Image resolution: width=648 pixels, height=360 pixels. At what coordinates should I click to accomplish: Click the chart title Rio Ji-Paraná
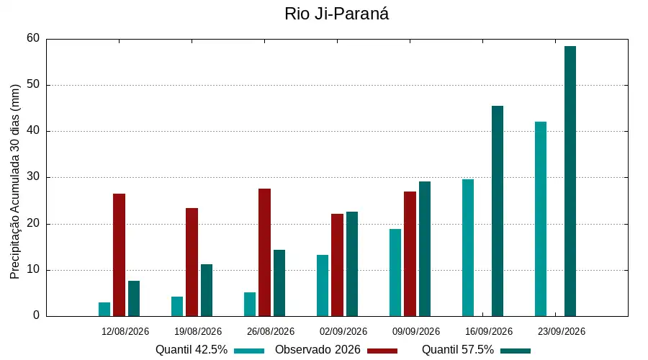pos(336,14)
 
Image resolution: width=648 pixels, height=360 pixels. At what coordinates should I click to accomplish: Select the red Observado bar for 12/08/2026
pos(119,255)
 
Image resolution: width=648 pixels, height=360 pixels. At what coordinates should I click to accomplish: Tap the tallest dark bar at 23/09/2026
pos(570,181)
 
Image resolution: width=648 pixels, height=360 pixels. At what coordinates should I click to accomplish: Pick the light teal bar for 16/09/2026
pos(468,248)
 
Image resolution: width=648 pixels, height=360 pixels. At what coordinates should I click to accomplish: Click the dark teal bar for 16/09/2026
pos(498,211)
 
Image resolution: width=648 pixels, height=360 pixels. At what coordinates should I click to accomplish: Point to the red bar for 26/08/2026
pos(264,253)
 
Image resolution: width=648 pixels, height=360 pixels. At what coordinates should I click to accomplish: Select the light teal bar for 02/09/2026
pos(323,286)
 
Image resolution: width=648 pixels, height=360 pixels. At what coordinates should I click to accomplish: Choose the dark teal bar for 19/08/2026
pos(207,291)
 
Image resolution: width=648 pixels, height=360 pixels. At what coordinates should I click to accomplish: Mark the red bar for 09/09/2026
pos(410,254)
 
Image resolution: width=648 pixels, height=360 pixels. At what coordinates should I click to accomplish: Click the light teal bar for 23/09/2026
pos(541,219)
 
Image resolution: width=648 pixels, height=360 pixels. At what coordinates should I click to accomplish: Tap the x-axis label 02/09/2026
pos(343,331)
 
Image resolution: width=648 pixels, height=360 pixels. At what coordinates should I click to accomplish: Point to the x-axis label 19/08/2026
pos(198,331)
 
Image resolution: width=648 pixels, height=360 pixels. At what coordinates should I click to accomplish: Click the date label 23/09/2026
pos(561,331)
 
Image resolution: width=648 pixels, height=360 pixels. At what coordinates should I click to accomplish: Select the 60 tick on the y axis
pos(33,38)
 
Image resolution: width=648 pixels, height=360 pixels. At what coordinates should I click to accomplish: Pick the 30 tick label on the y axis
pos(33,177)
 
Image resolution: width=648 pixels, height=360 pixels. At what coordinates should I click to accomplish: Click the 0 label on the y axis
pos(37,315)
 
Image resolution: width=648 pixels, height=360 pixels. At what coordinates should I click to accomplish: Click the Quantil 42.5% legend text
pos(192,350)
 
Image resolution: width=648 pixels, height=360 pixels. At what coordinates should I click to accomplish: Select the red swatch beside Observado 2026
pos(382,351)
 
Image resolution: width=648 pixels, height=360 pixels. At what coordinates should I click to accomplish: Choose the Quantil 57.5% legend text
pos(458,350)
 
